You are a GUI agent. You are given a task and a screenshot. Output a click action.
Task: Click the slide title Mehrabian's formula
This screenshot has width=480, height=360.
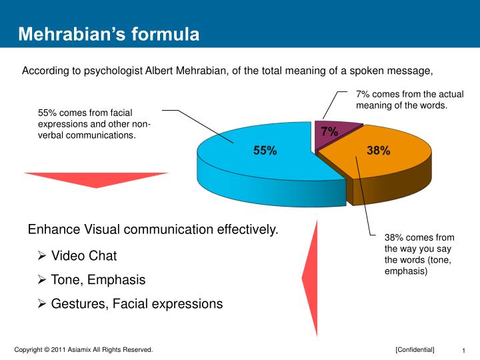point(108,34)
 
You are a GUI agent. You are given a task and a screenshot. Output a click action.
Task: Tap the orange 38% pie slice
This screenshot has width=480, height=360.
point(393,163)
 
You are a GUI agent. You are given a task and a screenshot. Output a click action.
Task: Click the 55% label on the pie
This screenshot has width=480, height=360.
point(265,151)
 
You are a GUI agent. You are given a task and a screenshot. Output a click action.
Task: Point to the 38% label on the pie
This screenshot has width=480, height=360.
point(378,151)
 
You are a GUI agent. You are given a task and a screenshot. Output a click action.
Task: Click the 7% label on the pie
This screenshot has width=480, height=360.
point(329,132)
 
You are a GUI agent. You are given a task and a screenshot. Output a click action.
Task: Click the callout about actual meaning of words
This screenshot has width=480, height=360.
point(409,100)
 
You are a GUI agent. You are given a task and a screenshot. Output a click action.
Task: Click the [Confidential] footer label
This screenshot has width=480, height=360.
point(414,349)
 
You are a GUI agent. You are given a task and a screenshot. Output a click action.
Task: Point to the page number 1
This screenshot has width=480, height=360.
point(463,351)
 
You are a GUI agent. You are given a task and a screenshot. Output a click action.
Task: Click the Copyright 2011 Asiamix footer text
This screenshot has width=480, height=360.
point(84,349)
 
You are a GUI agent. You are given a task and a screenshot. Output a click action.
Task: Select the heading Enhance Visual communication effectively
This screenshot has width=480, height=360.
point(153,230)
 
